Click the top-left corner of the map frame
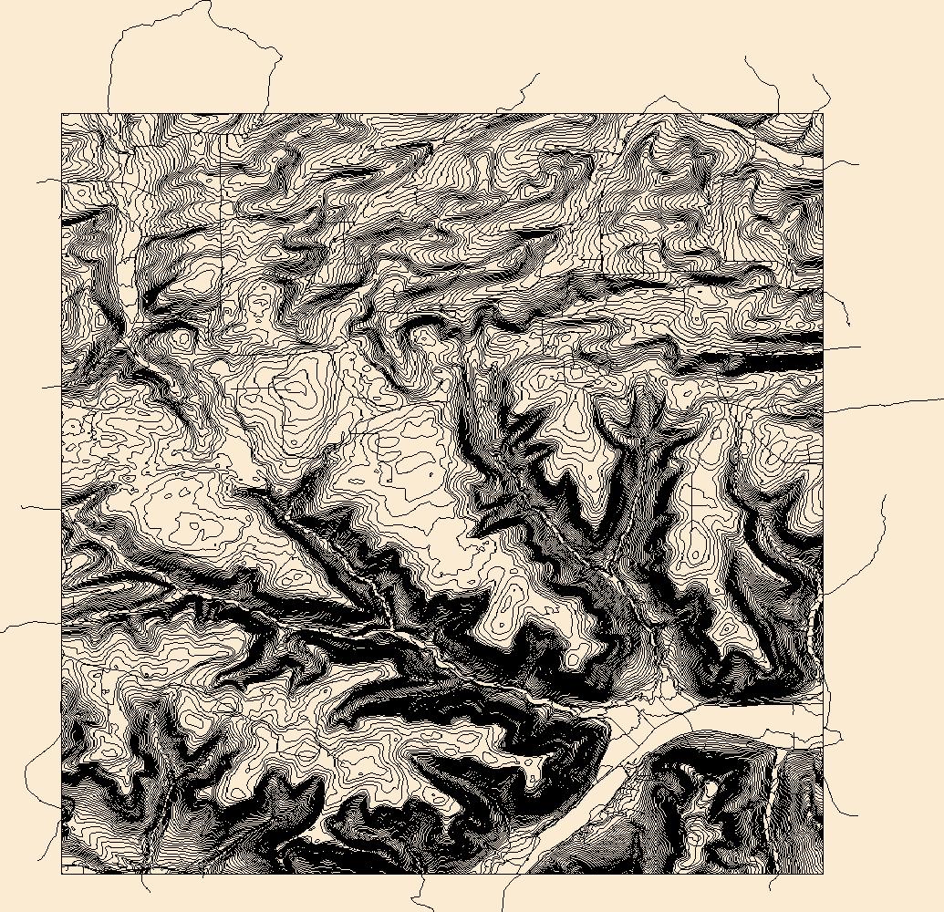pyautogui.click(x=61, y=114)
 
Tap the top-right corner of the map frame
pyautogui.click(x=823, y=114)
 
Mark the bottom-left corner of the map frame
pyautogui.click(x=61, y=874)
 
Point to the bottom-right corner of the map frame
pyautogui.click(x=823, y=874)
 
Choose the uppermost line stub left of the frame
pyautogui.click(x=47, y=181)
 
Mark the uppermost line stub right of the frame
pyautogui.click(x=844, y=164)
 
